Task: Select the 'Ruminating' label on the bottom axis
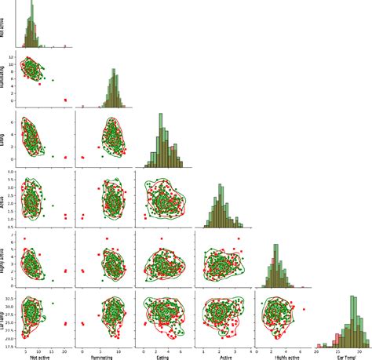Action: click(x=101, y=357)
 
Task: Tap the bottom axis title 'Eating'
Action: click(x=162, y=357)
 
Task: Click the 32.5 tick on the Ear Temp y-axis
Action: click(x=13, y=299)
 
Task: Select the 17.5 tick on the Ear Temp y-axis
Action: click(x=13, y=344)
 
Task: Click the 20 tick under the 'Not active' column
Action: click(x=65, y=351)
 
